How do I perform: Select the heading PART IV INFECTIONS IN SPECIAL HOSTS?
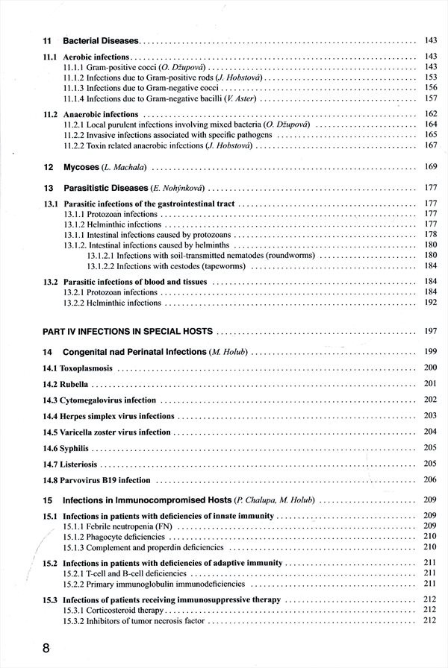pyautogui.click(x=128, y=330)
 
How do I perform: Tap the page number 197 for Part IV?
pyautogui.click(x=429, y=330)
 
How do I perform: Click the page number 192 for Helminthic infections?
pyautogui.click(x=429, y=303)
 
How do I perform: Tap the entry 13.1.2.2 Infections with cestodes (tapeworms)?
pyautogui.click(x=175, y=266)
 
